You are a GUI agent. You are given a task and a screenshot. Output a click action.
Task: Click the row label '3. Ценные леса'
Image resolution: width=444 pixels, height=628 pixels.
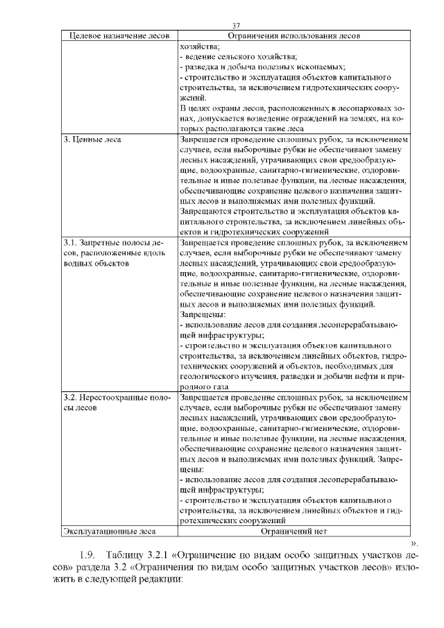(x=92, y=139)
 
